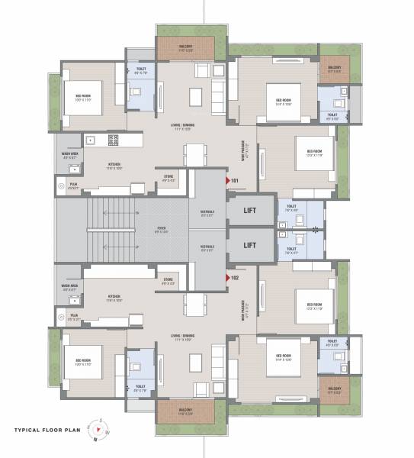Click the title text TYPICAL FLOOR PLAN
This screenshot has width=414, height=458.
point(43,430)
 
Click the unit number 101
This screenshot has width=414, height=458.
point(235,180)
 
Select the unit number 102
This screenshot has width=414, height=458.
point(235,278)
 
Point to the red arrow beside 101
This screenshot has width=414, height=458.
point(226,180)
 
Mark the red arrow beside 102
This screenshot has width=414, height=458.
point(226,278)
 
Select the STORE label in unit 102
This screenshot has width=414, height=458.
point(168,279)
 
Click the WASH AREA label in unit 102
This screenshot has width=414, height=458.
point(69,287)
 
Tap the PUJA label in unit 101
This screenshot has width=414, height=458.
point(74,184)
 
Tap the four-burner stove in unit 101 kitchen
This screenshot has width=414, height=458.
point(114,140)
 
